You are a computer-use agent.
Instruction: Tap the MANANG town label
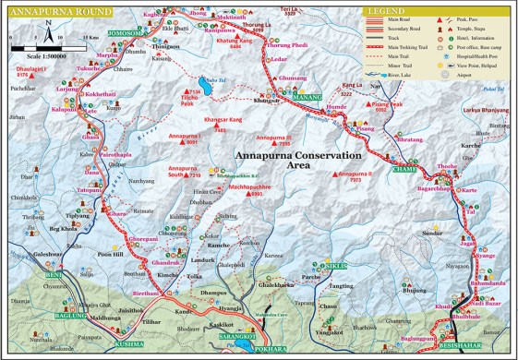[x=307, y=95]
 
